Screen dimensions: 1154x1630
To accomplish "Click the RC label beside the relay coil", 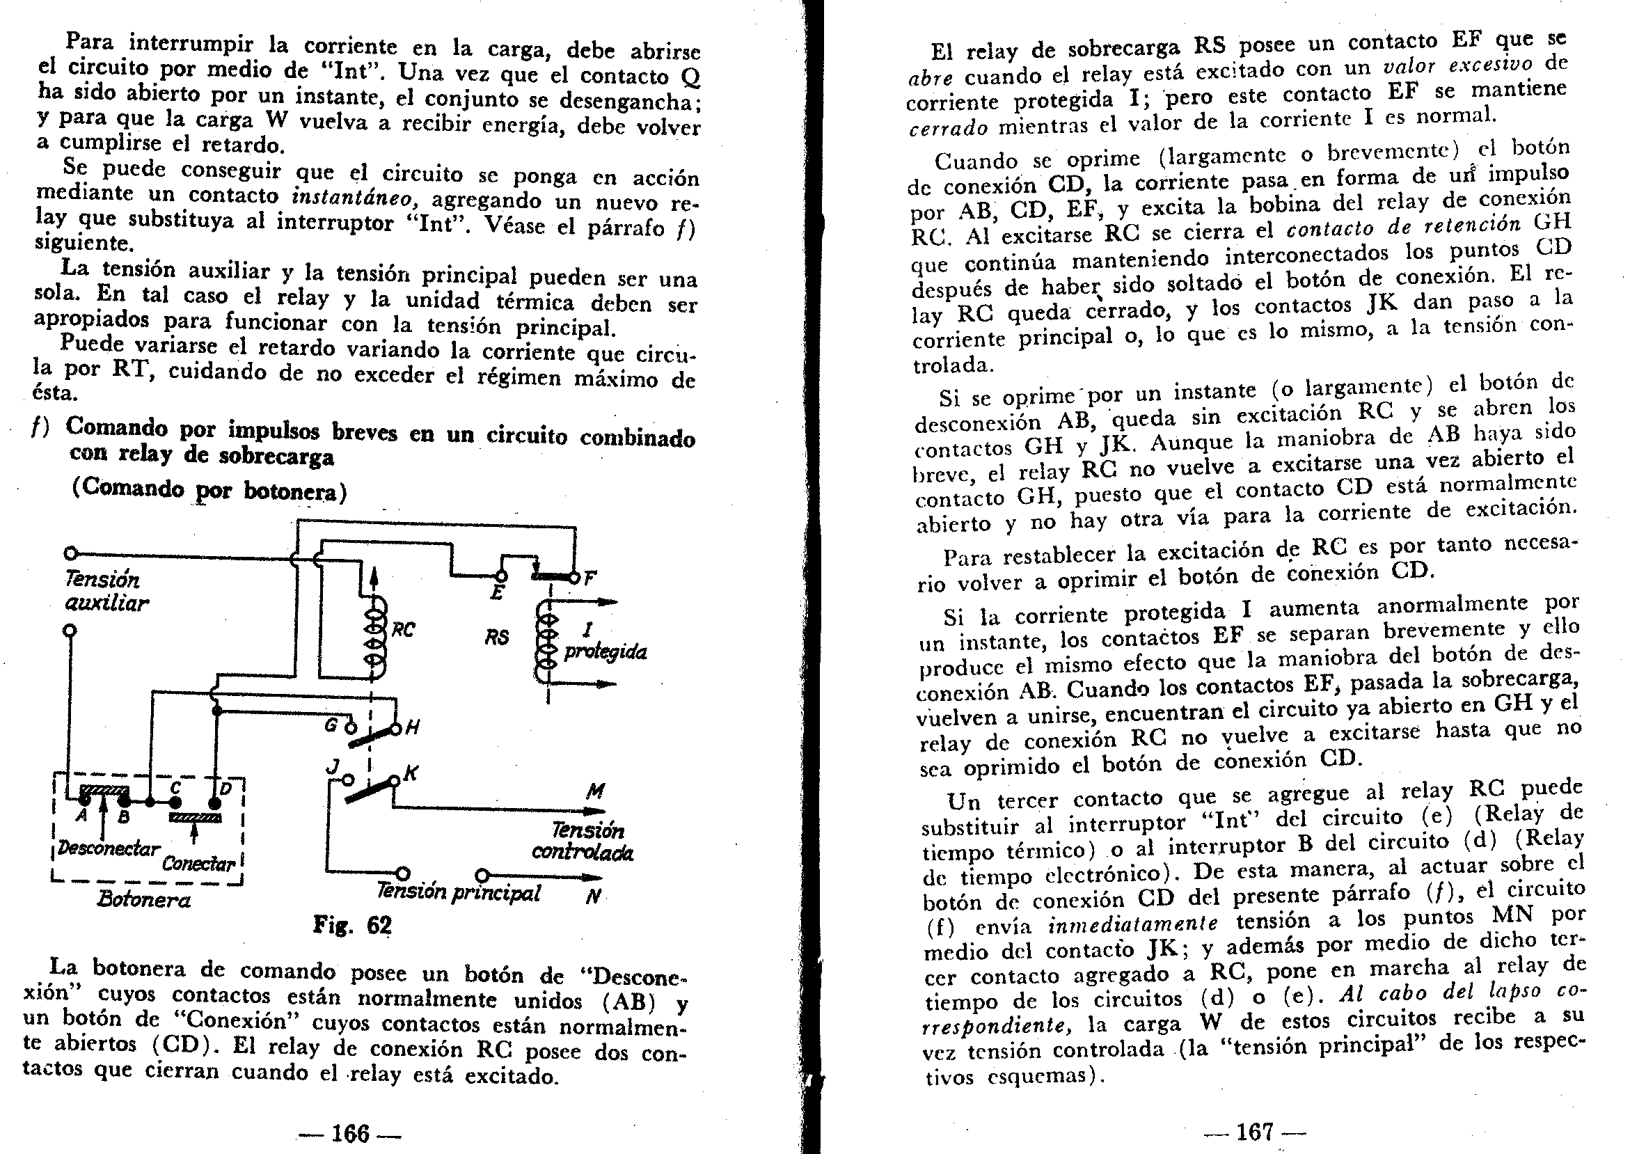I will click(404, 630).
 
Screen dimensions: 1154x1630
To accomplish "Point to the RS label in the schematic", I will click(498, 636).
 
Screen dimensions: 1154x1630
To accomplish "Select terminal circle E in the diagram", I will click(500, 576).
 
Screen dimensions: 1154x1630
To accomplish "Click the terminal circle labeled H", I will click(396, 727).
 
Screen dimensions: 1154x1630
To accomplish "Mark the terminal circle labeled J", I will click(347, 780).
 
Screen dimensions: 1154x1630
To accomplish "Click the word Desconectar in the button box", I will click(109, 848).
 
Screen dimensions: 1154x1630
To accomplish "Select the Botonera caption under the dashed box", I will click(144, 900).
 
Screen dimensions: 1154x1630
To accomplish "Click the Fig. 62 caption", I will click(352, 925).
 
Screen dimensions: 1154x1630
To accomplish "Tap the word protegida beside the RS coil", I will click(606, 652).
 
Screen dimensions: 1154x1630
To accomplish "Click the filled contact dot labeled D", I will click(214, 803).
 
